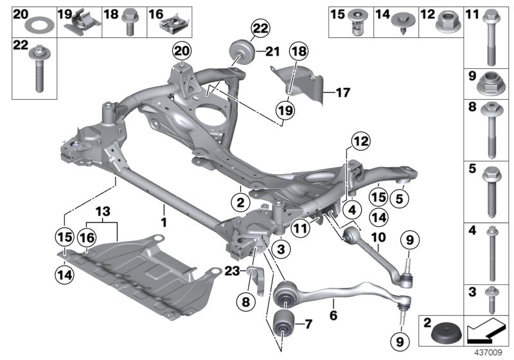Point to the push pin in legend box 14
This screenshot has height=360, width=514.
[403, 25]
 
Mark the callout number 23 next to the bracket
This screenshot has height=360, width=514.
[231, 271]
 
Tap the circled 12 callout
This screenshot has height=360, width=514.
[360, 141]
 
